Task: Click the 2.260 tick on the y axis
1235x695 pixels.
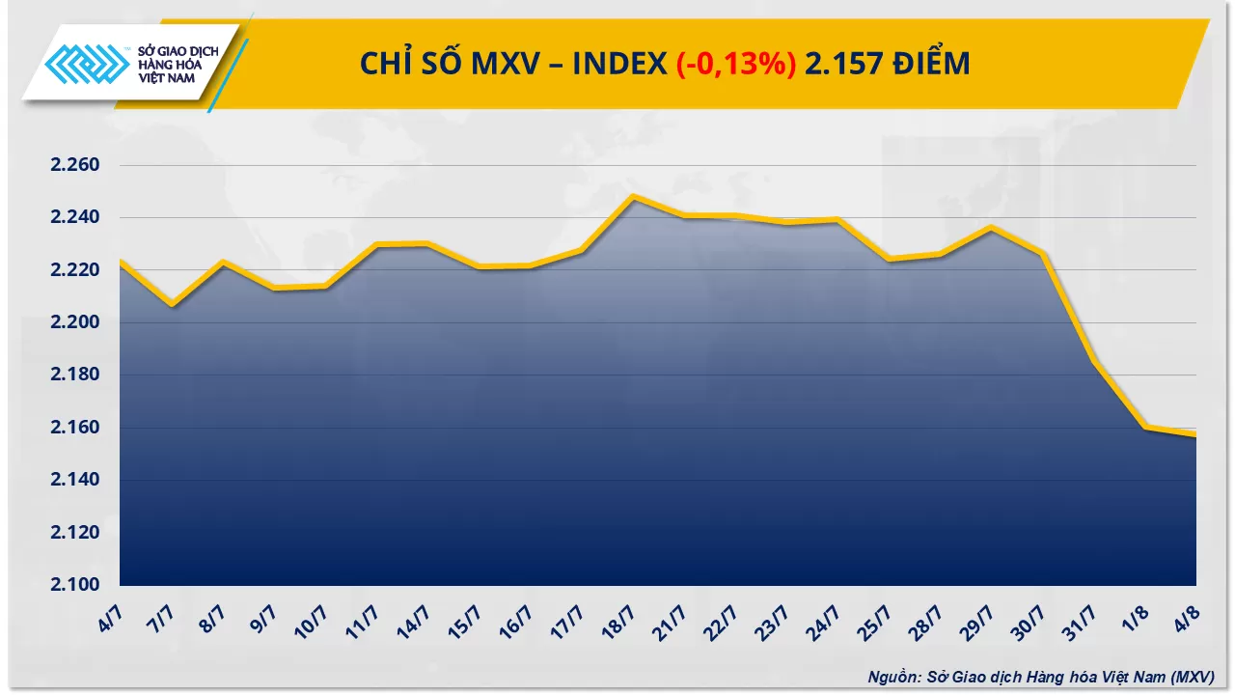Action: coord(73,166)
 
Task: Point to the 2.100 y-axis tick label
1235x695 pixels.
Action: coord(73,585)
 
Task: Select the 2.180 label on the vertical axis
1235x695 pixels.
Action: coord(73,375)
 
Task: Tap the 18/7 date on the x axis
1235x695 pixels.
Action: coord(618,615)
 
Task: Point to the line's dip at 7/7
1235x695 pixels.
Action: coord(172,305)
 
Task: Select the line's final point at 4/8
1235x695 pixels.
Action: coord(1195,435)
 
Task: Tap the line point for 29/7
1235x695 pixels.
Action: coord(991,228)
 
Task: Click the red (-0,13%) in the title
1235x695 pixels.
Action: coord(735,64)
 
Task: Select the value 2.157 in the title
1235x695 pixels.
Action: coord(840,64)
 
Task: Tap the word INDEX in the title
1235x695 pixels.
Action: coord(618,64)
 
